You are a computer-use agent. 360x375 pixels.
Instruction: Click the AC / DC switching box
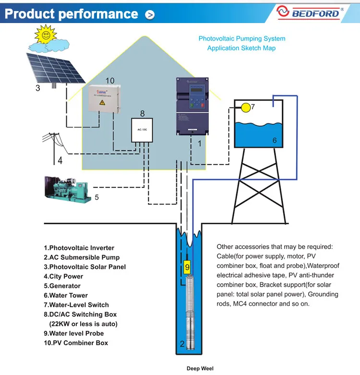(x=142, y=130)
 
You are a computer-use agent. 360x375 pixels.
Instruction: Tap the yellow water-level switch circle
(x=246, y=108)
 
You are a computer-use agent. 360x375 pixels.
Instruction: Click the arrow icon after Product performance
(x=150, y=14)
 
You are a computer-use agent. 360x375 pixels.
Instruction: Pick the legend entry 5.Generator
(x=63, y=286)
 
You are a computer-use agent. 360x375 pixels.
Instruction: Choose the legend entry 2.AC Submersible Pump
(x=82, y=257)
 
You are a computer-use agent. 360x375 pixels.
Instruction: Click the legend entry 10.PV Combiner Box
(x=76, y=343)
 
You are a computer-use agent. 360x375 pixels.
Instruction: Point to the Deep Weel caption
(x=200, y=369)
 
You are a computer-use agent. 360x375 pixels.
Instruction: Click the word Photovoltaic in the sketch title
(x=218, y=38)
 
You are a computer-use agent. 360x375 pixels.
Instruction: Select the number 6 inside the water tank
(x=275, y=140)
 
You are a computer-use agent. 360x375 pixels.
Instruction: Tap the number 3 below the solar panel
(x=38, y=88)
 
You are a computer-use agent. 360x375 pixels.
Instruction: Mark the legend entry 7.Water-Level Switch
(x=76, y=305)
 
